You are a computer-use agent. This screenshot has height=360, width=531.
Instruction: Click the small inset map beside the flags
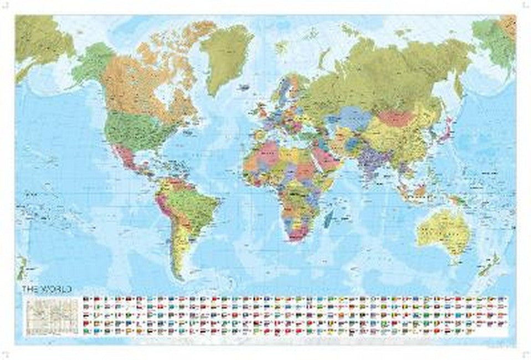[x=53, y=313]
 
